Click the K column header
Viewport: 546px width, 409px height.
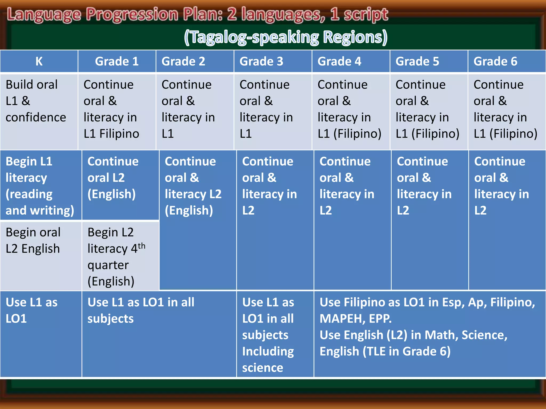[39, 61]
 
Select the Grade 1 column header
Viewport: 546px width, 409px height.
[117, 61]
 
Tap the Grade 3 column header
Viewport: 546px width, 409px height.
[261, 61]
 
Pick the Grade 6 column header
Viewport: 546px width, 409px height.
[495, 61]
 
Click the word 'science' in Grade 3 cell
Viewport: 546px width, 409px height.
[263, 368]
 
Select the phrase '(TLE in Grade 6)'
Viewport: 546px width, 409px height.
[406, 351]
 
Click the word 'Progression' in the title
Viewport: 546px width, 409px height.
[132, 15]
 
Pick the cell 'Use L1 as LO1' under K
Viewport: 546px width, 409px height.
[31, 310]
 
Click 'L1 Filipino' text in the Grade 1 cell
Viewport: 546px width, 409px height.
[111, 134]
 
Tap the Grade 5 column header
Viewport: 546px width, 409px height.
[417, 61]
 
